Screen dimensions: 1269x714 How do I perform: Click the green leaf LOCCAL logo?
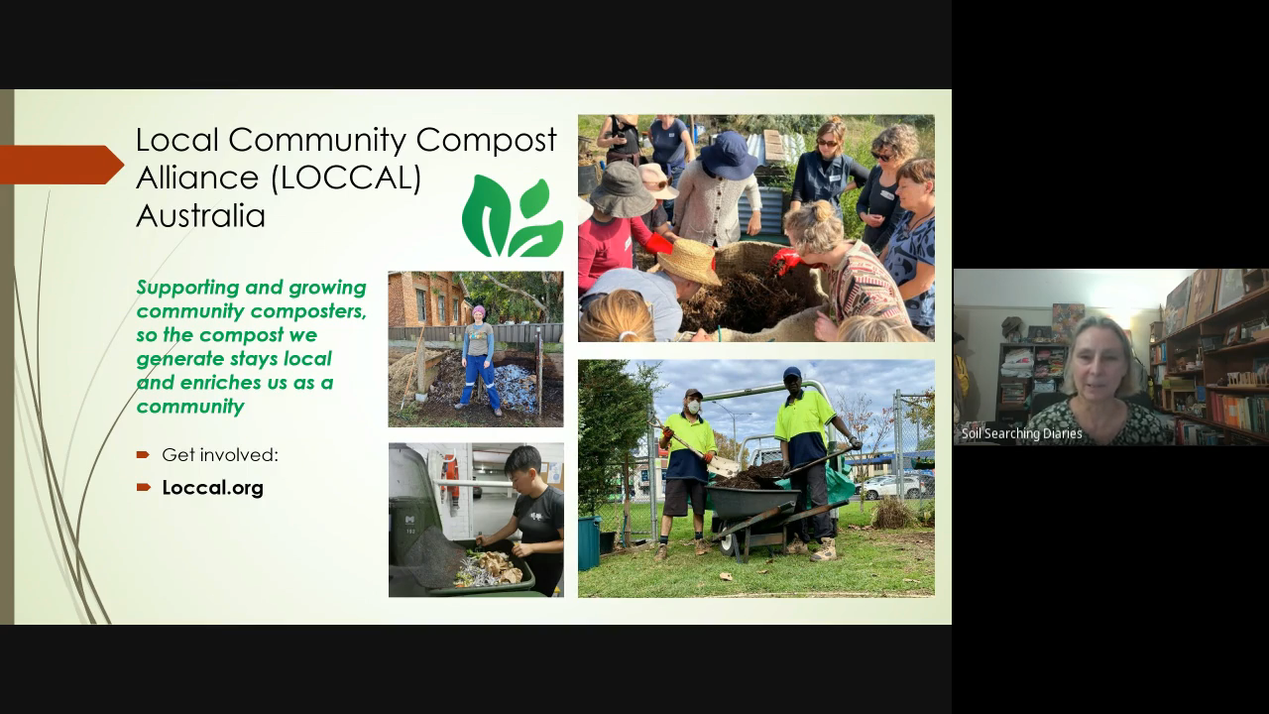click(x=513, y=216)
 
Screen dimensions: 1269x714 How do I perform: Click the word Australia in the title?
click(x=200, y=216)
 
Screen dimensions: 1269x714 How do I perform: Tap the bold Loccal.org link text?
click(x=213, y=487)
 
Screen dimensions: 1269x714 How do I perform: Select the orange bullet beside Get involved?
click(x=143, y=454)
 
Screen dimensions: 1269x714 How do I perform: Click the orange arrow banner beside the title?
click(x=61, y=165)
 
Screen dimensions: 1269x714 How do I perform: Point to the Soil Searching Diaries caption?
click(x=1021, y=433)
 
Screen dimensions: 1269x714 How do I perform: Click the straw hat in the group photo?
click(x=689, y=261)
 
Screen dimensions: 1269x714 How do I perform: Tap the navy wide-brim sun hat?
click(x=728, y=154)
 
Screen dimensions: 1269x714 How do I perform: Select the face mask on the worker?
click(x=693, y=407)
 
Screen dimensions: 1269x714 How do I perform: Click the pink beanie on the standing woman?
click(x=479, y=310)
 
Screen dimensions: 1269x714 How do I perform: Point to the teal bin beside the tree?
click(x=589, y=542)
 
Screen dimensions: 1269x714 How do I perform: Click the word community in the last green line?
click(x=190, y=407)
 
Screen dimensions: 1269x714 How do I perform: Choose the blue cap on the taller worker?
click(x=791, y=373)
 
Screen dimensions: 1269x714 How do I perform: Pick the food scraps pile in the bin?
click(x=488, y=568)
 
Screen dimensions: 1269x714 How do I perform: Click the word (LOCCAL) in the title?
click(x=347, y=178)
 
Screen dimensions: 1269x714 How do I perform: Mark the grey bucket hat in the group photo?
click(x=622, y=189)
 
